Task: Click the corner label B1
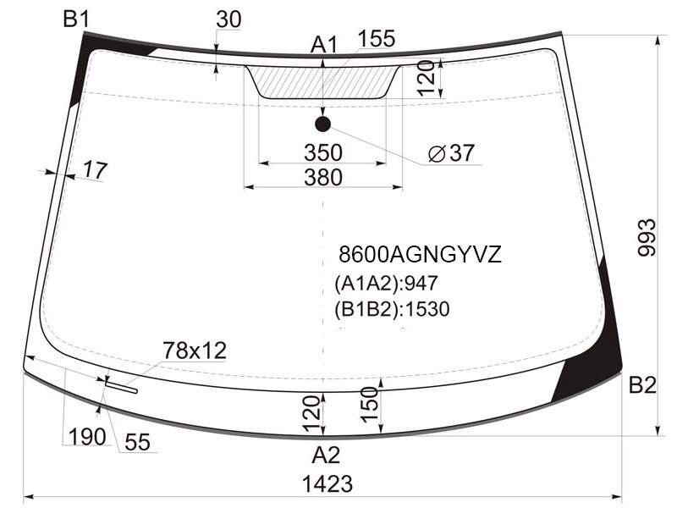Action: coord(76,19)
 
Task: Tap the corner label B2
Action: coord(642,384)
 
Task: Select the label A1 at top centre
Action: coord(324,45)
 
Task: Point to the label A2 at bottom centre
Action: coord(326,455)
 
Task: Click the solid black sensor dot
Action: coord(323,124)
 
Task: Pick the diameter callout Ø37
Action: coord(451,153)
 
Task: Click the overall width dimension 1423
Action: coord(327,483)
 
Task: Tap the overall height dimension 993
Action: coord(647,238)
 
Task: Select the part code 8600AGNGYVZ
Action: coord(420,254)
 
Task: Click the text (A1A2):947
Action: coord(386,284)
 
